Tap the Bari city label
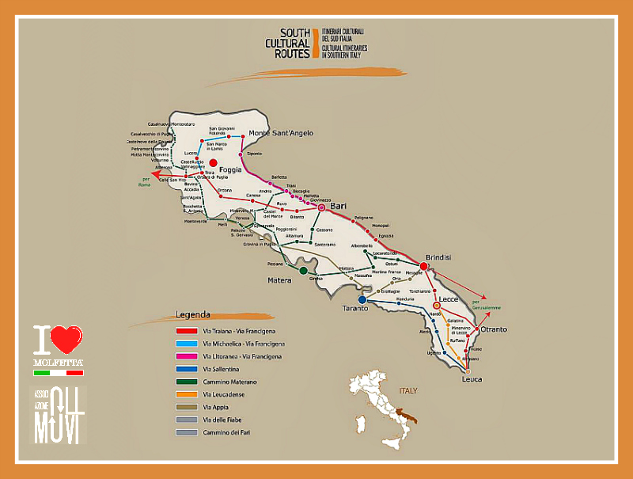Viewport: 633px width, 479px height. click(339, 206)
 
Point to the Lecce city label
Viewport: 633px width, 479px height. click(449, 298)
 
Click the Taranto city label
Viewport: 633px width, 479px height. click(355, 309)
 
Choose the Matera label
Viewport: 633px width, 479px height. click(280, 279)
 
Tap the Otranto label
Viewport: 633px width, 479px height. click(493, 329)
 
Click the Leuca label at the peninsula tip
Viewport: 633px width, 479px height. click(472, 379)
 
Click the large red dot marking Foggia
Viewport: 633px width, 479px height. click(213, 163)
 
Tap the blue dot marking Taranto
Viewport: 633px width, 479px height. click(362, 299)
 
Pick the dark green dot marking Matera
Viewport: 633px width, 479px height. click(303, 271)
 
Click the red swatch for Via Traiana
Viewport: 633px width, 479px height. click(186, 332)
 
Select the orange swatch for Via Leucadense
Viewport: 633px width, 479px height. click(186, 394)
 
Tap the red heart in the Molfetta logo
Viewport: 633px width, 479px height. click(69, 340)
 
